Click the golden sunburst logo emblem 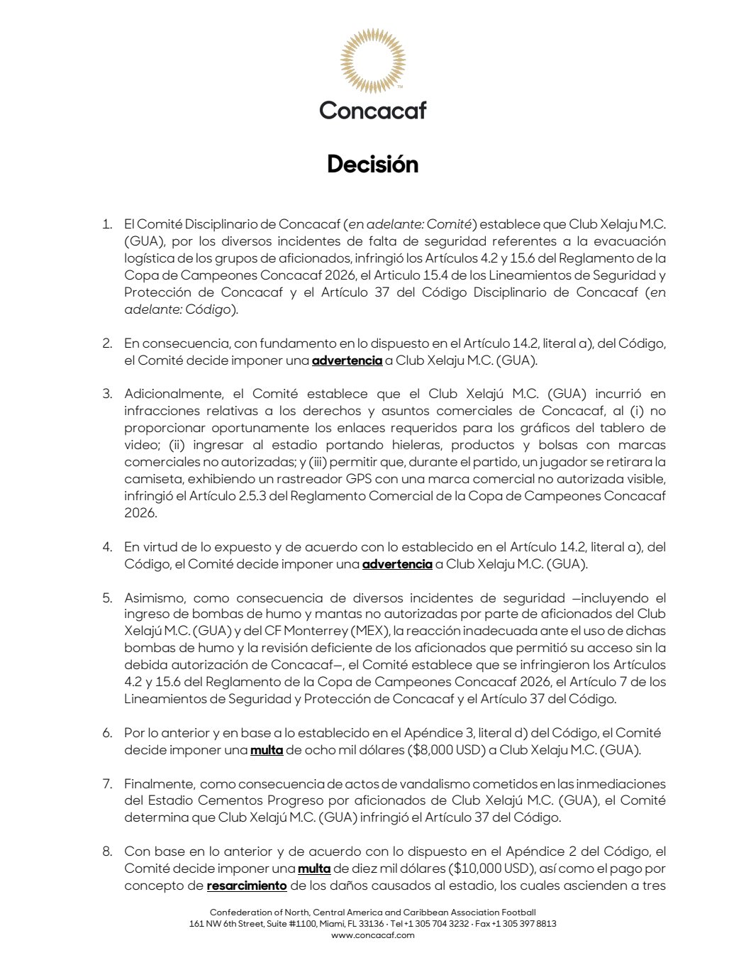coord(372,60)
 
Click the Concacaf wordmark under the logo coord(372,110)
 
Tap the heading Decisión coord(372,165)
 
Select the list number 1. coord(107,224)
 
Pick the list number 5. coord(107,597)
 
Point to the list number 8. coord(107,851)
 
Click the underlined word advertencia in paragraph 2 coord(347,360)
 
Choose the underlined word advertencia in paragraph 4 coord(397,565)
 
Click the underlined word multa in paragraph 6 coord(267,750)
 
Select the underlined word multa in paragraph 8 coord(314,868)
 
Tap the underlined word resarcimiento coord(247,886)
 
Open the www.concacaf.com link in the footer coord(372,935)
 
